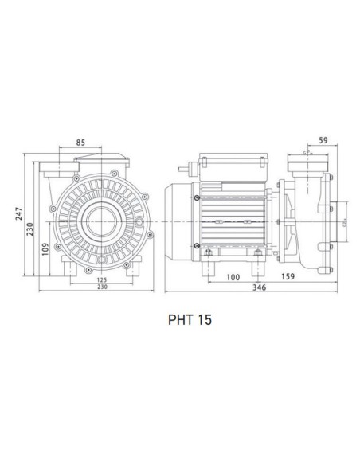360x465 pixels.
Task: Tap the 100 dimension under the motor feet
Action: pos(232,276)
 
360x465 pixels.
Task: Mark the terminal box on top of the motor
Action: pos(230,166)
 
